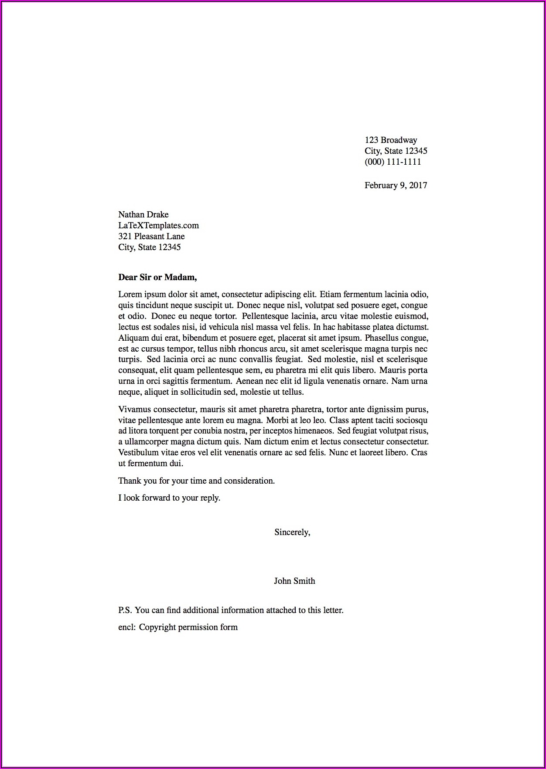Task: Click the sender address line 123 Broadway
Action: click(x=391, y=140)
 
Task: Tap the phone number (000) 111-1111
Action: click(x=392, y=162)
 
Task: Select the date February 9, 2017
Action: click(x=396, y=185)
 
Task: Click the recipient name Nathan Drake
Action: click(x=143, y=214)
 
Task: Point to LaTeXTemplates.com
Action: click(x=158, y=225)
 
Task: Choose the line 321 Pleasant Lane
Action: click(x=151, y=236)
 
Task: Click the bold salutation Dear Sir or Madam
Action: click(x=157, y=277)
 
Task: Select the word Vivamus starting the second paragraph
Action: click(x=135, y=410)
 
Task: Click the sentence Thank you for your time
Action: click(x=196, y=481)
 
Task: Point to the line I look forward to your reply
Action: click(x=169, y=498)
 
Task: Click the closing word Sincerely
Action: click(x=292, y=532)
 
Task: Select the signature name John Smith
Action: click(x=294, y=581)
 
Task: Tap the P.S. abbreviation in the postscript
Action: click(x=125, y=610)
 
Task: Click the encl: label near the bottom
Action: click(x=127, y=627)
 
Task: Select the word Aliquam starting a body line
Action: click(x=133, y=338)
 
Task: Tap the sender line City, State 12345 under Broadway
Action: click(x=396, y=151)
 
